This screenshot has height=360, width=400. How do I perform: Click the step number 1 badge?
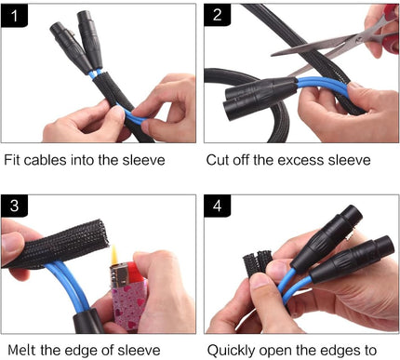[x=14, y=15]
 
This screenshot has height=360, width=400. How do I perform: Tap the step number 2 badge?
[x=217, y=15]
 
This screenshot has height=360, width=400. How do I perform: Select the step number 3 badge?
[x=14, y=206]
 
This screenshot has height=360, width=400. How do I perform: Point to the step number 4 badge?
[x=217, y=206]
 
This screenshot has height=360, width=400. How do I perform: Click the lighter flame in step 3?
[x=114, y=254]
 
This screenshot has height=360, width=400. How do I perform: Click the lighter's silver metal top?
[x=119, y=276]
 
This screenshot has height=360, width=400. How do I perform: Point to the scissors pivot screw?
[x=360, y=39]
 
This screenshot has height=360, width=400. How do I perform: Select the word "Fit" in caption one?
[x=13, y=160]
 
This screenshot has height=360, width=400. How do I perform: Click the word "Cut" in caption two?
[x=217, y=160]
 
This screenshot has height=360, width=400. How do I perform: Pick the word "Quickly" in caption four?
[x=231, y=351]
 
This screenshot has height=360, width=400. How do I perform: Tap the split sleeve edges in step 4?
[x=257, y=263]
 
